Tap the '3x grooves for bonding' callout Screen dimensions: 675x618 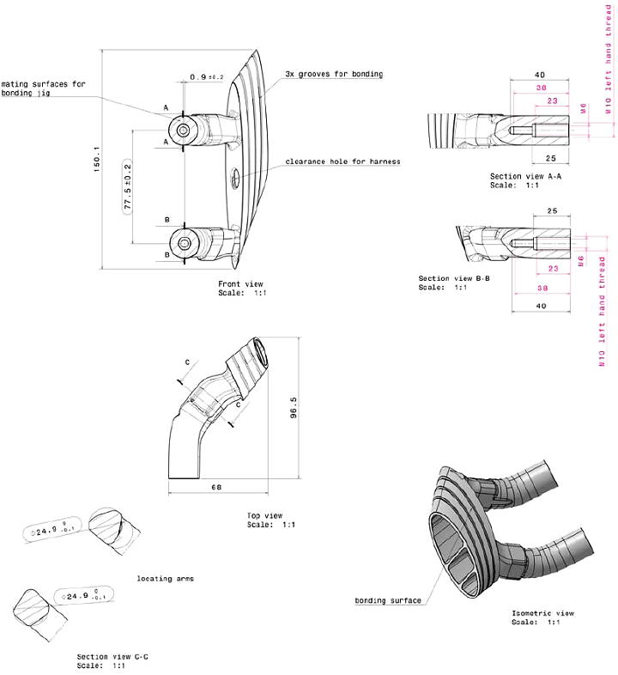coord(334,75)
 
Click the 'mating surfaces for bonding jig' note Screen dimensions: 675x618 coord(43,88)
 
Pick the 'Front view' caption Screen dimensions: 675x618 coord(242,283)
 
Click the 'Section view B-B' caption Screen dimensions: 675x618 coord(454,279)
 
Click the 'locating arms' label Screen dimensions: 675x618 coord(166,579)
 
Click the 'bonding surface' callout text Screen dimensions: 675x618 coord(388,600)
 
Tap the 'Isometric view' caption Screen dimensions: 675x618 coord(542,613)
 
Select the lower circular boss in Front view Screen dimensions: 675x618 coord(187,243)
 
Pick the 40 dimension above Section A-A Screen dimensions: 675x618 coord(540,75)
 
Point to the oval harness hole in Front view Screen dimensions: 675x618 coord(233,179)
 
